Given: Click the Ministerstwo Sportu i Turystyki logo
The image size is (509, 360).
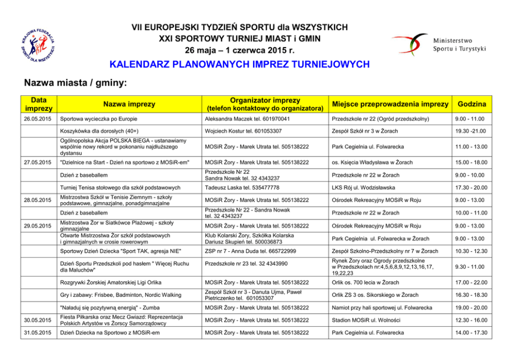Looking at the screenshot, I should (x=439, y=44).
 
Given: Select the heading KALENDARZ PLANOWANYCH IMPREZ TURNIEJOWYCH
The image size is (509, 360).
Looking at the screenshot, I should (x=240, y=65).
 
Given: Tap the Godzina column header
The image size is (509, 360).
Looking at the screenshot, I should (x=472, y=104).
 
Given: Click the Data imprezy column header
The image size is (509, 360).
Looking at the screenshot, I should (x=39, y=104).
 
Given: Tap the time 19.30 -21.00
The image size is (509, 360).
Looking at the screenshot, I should (x=470, y=131).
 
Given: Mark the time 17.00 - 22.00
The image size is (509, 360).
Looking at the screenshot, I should (x=470, y=282).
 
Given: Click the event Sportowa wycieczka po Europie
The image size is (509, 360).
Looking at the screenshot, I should (x=102, y=119).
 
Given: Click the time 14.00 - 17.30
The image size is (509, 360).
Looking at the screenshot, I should (x=470, y=332).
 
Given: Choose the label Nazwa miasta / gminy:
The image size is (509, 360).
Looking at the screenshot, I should (x=75, y=83).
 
